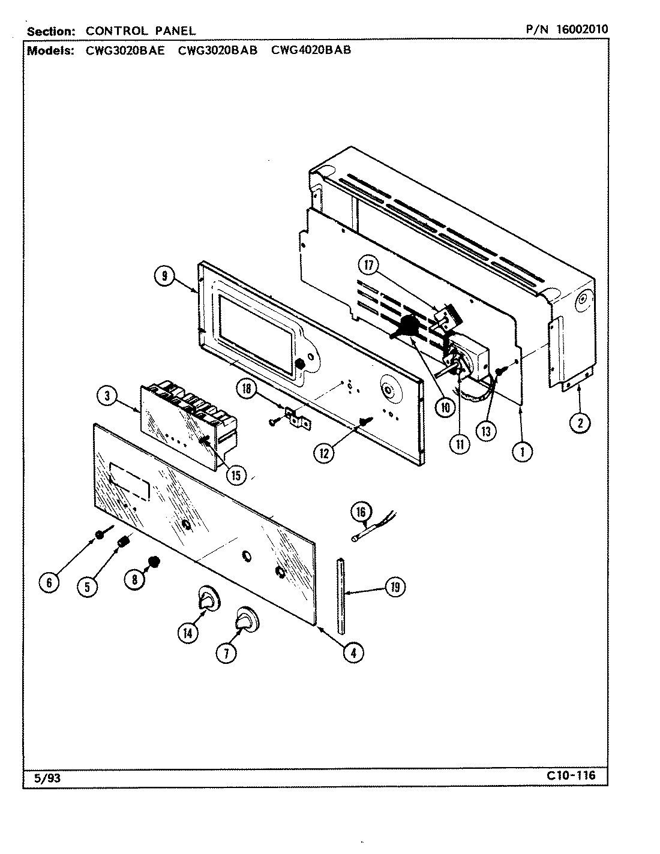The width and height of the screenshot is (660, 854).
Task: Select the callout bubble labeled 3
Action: pyautogui.click(x=106, y=395)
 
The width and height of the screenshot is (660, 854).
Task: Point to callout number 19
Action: pyautogui.click(x=394, y=587)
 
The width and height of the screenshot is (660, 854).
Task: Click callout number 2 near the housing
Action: pyautogui.click(x=580, y=423)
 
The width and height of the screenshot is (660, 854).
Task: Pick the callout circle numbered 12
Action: pyautogui.click(x=324, y=452)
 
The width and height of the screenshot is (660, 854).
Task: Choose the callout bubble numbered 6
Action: pyautogui.click(x=50, y=582)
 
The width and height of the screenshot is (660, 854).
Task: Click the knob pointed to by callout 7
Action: pyautogui.click(x=246, y=620)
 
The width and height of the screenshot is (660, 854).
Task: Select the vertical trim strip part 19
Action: pyautogui.click(x=341, y=594)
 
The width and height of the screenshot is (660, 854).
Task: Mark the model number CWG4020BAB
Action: pyautogui.click(x=311, y=50)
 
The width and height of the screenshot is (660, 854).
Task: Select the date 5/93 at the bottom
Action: pyautogui.click(x=44, y=778)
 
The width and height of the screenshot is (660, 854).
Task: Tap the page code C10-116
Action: pyautogui.click(x=570, y=775)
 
